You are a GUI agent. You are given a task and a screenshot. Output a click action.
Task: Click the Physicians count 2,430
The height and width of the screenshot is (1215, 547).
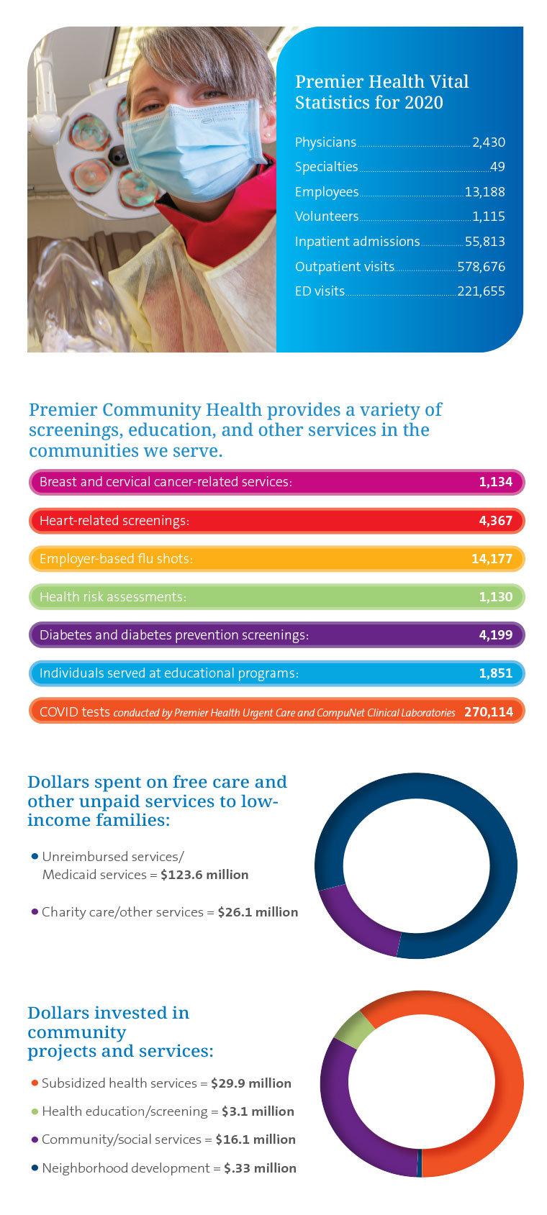click(x=488, y=142)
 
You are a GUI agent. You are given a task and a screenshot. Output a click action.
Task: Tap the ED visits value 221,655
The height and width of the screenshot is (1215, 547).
click(x=481, y=291)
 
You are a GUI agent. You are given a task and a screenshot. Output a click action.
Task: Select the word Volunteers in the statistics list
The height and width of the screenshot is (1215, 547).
click(x=327, y=217)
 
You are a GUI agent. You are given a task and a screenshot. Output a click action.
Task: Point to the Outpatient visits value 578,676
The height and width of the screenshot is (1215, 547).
click(x=481, y=267)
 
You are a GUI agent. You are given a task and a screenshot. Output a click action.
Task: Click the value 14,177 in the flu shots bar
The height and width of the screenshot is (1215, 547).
click(x=492, y=559)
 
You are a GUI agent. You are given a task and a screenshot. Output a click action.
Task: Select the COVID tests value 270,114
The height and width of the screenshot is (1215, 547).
click(x=489, y=712)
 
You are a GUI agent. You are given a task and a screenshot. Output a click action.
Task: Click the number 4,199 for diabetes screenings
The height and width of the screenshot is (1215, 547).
click(x=495, y=635)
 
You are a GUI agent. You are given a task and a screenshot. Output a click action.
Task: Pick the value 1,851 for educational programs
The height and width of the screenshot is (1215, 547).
click(x=495, y=673)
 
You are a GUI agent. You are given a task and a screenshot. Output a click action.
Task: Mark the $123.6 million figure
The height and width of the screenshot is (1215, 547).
click(x=204, y=875)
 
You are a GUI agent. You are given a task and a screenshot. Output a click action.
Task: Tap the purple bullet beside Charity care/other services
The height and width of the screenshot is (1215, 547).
click(x=35, y=911)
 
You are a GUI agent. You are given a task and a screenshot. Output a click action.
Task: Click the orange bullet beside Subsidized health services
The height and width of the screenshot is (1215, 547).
click(x=35, y=1083)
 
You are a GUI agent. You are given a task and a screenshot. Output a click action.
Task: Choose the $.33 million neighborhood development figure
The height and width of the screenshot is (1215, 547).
click(x=260, y=1168)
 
